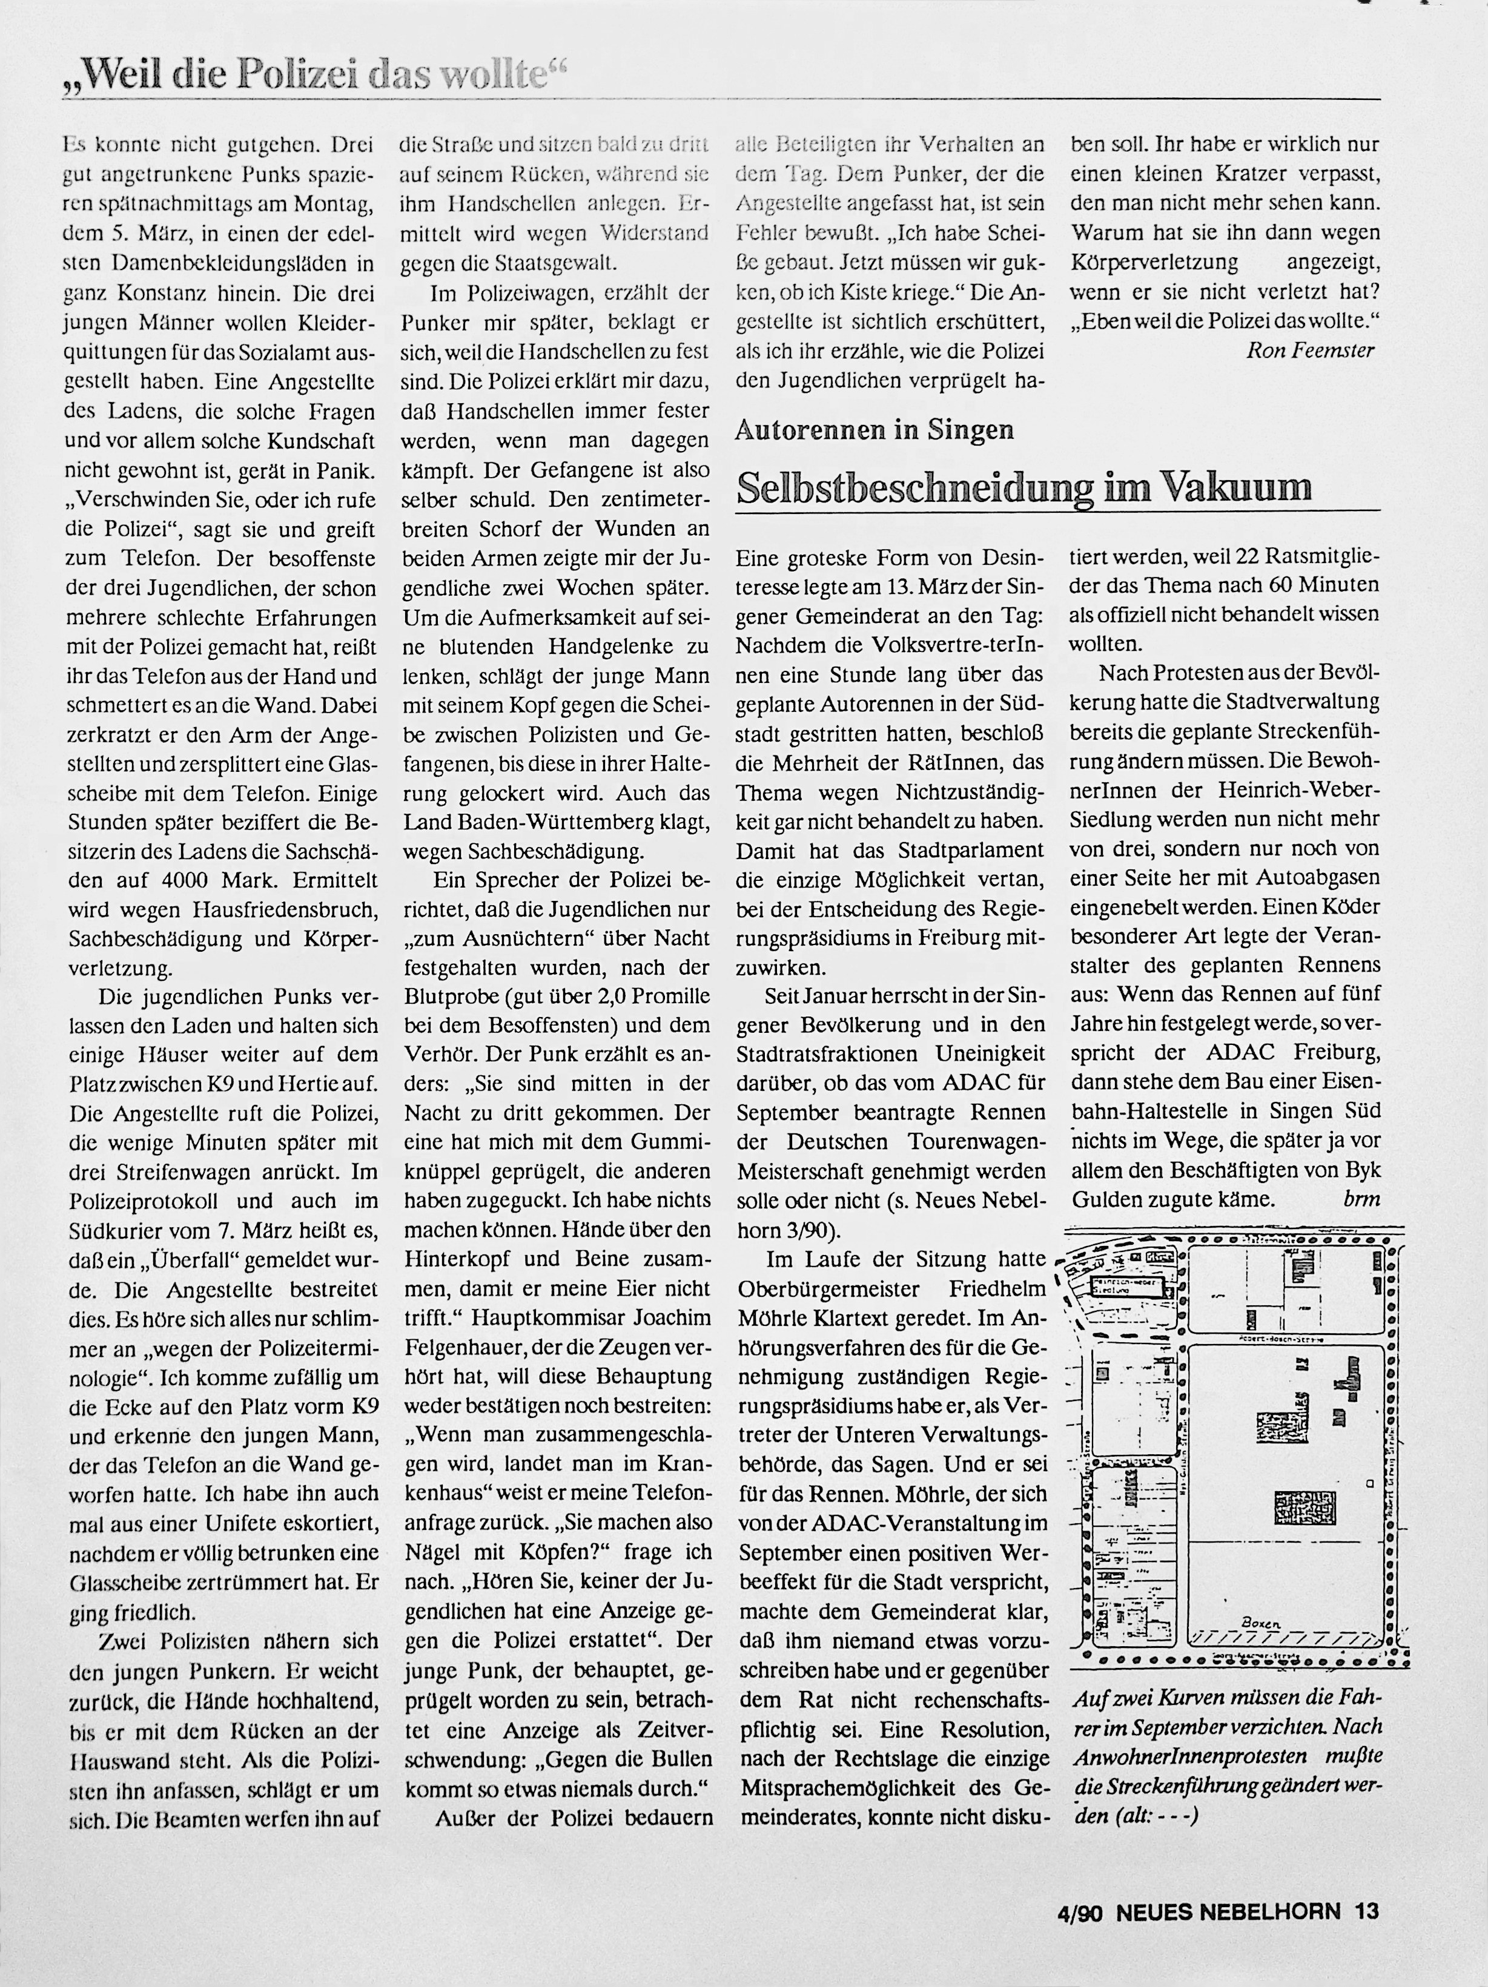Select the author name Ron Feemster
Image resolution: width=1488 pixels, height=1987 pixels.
1309,351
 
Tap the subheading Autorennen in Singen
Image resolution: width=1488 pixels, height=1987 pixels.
875,430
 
